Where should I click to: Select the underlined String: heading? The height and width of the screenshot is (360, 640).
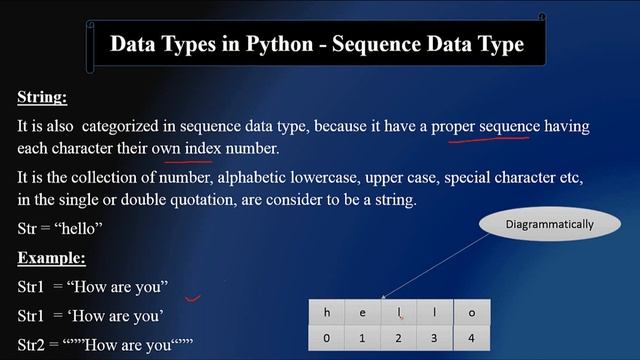43,97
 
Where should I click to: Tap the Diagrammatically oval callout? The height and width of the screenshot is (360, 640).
549,224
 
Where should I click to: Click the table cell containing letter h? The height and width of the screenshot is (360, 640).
326,313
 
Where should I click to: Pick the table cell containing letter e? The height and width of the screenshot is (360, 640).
362,313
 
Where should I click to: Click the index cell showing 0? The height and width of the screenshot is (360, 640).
326,338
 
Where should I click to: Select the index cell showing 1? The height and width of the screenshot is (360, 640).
362,338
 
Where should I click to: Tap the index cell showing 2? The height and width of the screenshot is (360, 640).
398,338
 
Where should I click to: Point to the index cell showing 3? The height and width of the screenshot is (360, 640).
433,338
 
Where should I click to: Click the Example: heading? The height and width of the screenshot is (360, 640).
51,259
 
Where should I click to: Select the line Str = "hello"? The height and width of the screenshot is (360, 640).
60,229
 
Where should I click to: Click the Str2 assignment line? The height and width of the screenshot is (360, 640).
104,347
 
